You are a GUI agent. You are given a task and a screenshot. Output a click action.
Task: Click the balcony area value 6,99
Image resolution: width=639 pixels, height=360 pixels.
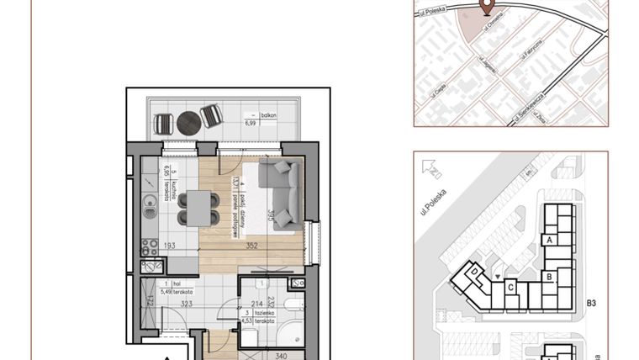point(250,123)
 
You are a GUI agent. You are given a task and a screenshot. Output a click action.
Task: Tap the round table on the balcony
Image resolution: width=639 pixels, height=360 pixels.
point(189,122)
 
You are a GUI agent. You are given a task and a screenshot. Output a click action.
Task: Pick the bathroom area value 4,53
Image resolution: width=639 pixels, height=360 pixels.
point(247,320)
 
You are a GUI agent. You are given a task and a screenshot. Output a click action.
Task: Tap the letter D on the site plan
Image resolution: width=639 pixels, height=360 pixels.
point(474,272)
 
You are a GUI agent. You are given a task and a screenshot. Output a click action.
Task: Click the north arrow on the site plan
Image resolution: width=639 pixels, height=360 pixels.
point(436,174)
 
